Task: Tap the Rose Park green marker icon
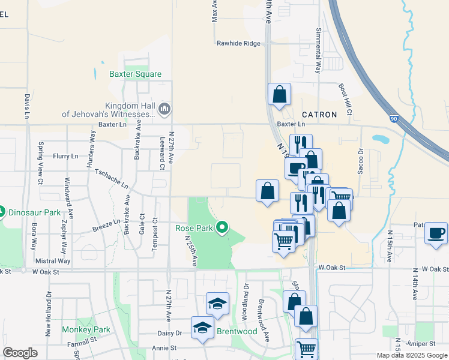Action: point(222,227)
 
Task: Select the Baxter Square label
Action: point(135,74)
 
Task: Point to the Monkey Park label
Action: point(86,329)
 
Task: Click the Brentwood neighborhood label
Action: point(237,331)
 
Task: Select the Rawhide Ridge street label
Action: point(238,43)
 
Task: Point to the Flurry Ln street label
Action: point(65,156)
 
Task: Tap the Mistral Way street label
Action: point(53,261)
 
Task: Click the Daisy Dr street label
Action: point(170,333)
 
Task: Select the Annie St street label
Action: point(164,347)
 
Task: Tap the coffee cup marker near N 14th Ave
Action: point(436,233)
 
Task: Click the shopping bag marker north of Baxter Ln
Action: point(280,94)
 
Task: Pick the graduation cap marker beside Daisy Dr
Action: point(203,328)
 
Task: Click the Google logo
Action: point(20,353)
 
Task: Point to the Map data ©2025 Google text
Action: point(411,355)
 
